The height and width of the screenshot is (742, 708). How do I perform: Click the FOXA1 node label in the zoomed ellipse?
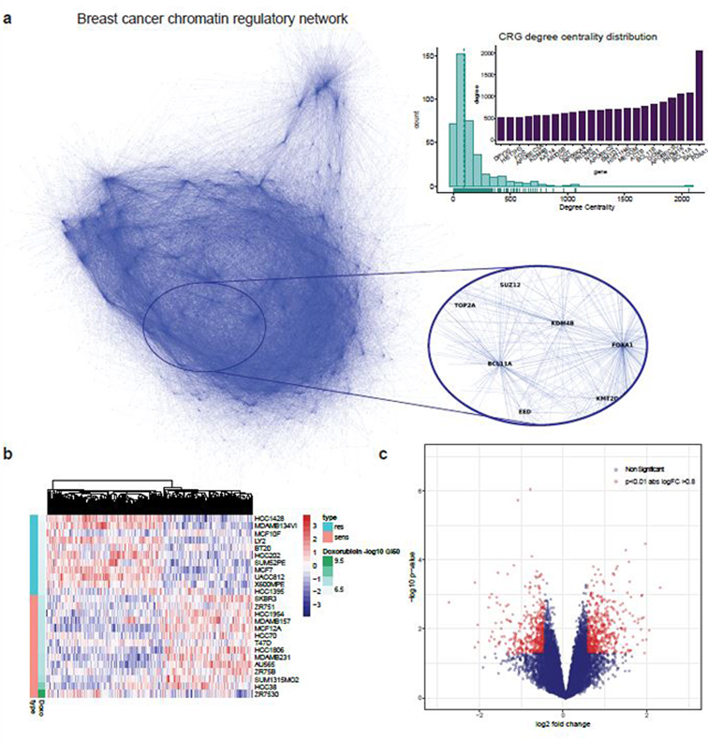(623, 345)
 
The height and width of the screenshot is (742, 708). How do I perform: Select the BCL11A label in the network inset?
(500, 363)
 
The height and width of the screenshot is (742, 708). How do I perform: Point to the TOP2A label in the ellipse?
(466, 307)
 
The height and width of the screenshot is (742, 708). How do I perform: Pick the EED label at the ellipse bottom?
(525, 408)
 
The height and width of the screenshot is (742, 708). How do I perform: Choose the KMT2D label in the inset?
(607, 399)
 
